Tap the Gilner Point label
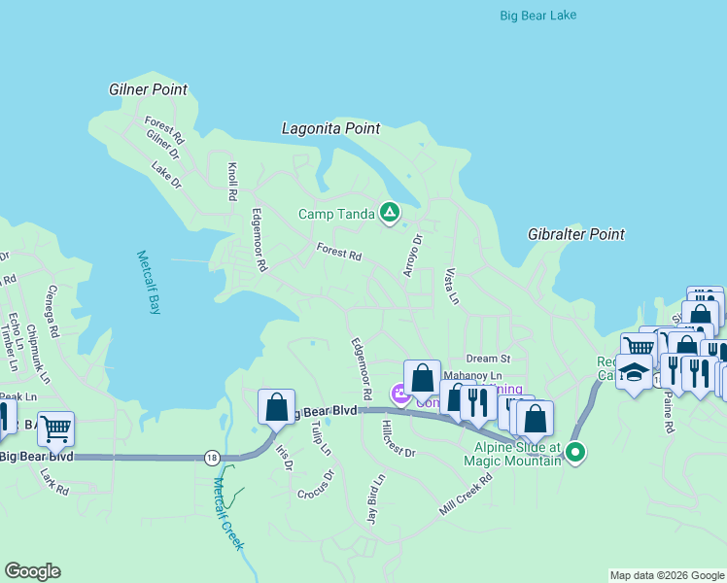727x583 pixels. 148,89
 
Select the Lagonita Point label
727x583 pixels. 330,128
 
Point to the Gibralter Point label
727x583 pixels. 575,234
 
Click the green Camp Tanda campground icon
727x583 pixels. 390,213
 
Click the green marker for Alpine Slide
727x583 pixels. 575,452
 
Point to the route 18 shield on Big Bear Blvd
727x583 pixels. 212,457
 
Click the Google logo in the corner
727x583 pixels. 32,571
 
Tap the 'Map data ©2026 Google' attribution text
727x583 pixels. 667,575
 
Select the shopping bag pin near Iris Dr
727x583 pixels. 277,406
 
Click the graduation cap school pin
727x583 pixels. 635,374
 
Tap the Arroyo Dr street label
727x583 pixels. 413,255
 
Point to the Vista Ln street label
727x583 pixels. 451,286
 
